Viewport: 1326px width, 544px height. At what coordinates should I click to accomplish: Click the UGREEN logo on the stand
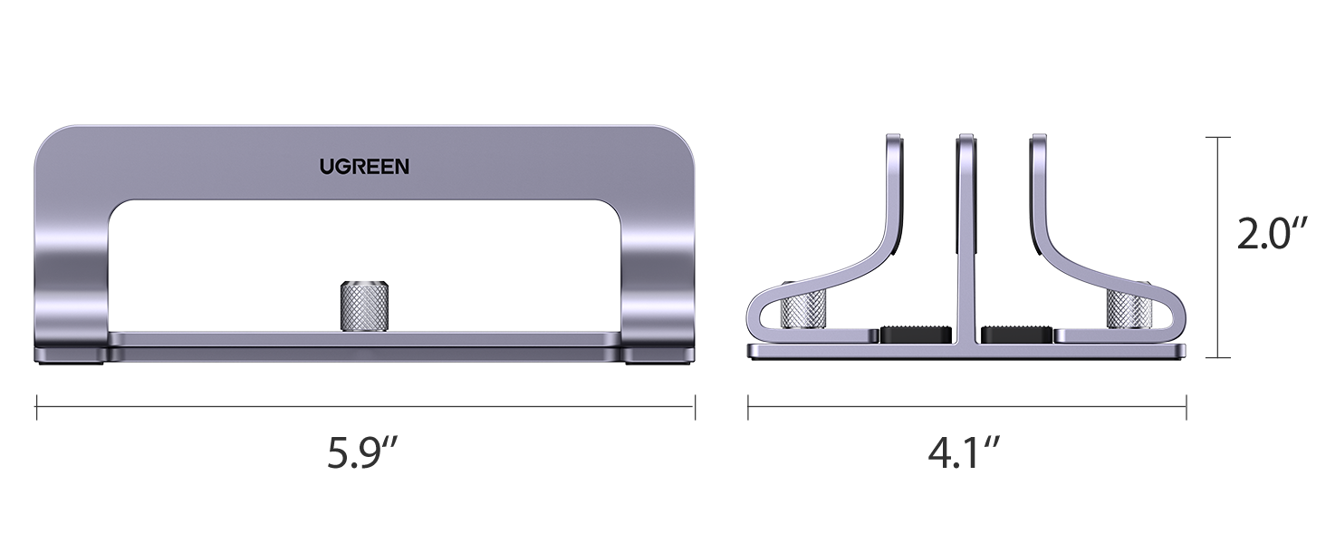tap(364, 166)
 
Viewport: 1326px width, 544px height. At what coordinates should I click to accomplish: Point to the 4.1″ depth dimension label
tap(965, 453)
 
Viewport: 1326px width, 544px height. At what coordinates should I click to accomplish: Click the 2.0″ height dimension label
tap(1273, 235)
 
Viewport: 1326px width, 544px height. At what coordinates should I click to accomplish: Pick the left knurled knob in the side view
tap(802, 310)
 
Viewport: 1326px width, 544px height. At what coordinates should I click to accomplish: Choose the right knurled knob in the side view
tap(1129, 310)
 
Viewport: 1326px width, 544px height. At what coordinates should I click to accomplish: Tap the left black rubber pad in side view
tap(916, 334)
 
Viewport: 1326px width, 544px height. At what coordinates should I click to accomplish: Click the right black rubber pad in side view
tap(1017, 334)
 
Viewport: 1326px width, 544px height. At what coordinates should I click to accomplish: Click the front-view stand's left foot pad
tap(70, 354)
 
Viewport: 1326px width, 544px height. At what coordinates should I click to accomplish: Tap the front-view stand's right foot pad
tap(659, 354)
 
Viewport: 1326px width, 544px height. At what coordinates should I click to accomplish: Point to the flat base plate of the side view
tap(966, 351)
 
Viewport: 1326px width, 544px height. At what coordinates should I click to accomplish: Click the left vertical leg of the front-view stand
tap(72, 272)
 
